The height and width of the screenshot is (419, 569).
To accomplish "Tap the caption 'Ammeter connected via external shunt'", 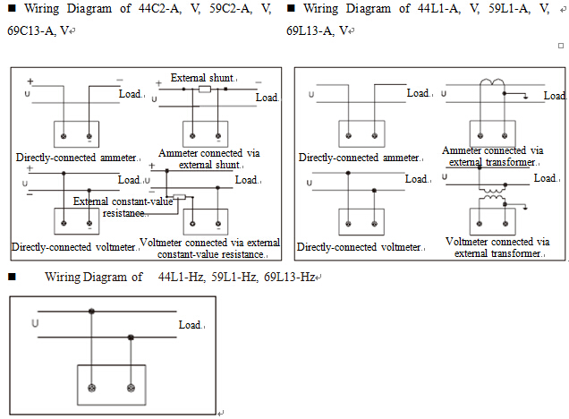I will pyautogui.click(x=208, y=158).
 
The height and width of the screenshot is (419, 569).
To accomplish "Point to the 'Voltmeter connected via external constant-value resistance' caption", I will pyautogui.click(x=210, y=248).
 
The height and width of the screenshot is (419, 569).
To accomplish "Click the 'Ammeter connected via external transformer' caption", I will pyautogui.click(x=492, y=156).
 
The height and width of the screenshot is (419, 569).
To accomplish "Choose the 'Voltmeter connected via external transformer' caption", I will pyautogui.click(x=497, y=247).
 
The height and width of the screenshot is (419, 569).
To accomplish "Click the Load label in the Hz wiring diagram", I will pyautogui.click(x=191, y=325).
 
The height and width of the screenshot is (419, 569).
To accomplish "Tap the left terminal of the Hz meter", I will pyautogui.click(x=91, y=388).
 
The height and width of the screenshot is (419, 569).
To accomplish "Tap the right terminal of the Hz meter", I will pyautogui.click(x=131, y=388).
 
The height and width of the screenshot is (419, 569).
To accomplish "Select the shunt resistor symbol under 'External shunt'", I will pyautogui.click(x=205, y=90).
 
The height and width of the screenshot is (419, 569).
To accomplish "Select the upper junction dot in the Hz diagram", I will pyautogui.click(x=91, y=312).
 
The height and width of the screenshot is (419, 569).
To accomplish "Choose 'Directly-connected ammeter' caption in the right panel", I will pyautogui.click(x=358, y=158).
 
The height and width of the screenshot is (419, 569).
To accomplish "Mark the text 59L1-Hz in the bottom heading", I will pyautogui.click(x=234, y=278).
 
